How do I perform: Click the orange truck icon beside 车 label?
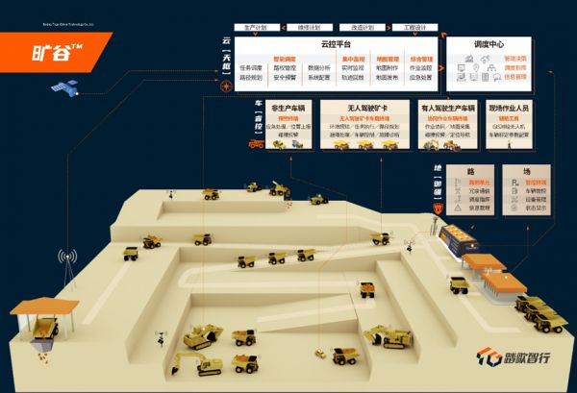256,144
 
